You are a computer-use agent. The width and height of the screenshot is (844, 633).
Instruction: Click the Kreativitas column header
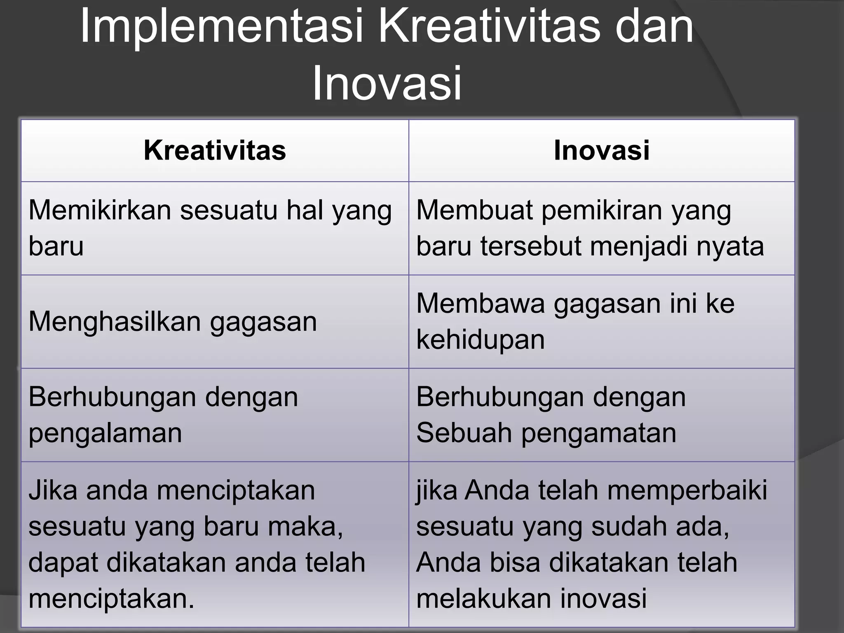tap(215, 150)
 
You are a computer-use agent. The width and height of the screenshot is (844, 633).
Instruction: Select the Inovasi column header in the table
tap(602, 150)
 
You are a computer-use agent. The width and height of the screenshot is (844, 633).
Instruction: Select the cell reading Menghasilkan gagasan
tap(173, 321)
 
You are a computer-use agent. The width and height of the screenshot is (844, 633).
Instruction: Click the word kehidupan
tap(481, 340)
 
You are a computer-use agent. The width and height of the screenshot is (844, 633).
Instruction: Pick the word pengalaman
tap(105, 434)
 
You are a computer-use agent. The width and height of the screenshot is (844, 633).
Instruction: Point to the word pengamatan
tap(599, 434)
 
